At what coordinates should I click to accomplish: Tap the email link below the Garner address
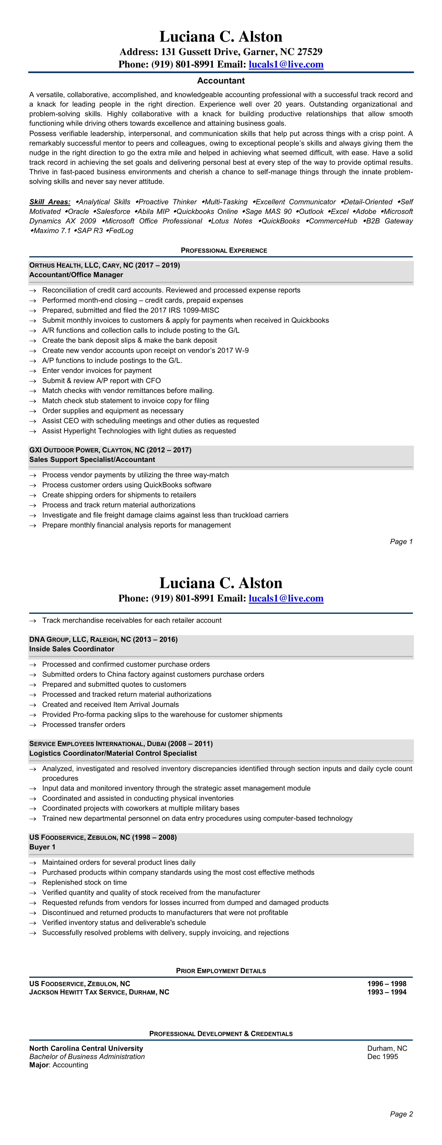pyautogui.click(x=286, y=65)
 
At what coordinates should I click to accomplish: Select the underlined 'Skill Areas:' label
pyautogui.click(x=50, y=202)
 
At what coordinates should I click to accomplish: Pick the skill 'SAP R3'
pyautogui.click(x=89, y=231)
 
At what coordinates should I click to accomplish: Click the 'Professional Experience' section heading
pyautogui.click(x=224, y=251)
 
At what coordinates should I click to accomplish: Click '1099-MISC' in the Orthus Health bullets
pyautogui.click(x=202, y=310)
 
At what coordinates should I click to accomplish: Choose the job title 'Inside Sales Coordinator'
pyautogui.click(x=71, y=649)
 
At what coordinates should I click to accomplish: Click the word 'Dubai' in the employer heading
pyautogui.click(x=156, y=744)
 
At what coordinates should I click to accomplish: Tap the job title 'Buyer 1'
pyautogui.click(x=42, y=847)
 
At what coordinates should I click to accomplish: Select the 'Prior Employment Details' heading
pyautogui.click(x=221, y=971)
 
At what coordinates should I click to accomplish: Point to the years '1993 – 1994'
pyautogui.click(x=386, y=992)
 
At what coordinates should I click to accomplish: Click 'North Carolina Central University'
pyautogui.click(x=86, y=1048)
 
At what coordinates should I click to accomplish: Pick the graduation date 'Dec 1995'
pyautogui.click(x=382, y=1057)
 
